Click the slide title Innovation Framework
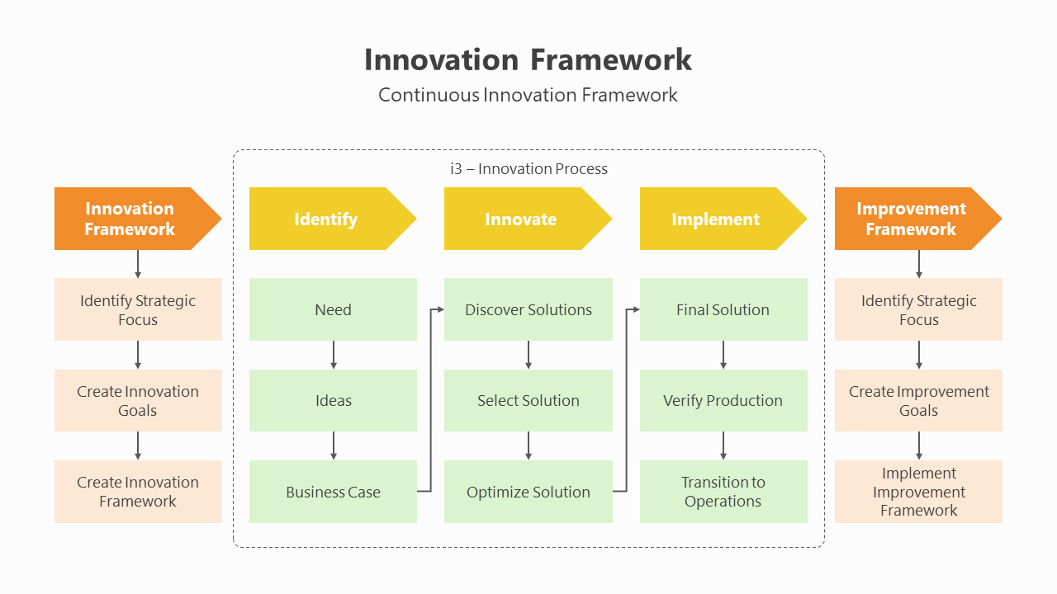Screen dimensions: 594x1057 point(528,60)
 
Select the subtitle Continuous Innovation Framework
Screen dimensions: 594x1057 point(528,95)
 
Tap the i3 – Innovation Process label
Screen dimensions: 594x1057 point(528,169)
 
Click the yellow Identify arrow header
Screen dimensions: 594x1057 point(326,219)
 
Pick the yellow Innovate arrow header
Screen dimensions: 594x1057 point(521,219)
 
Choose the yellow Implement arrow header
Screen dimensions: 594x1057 point(716,219)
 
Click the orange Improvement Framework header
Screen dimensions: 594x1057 point(911,219)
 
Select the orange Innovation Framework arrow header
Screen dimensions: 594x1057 point(130,219)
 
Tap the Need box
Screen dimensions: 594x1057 point(333,310)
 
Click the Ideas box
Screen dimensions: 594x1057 point(333,401)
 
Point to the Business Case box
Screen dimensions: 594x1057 point(333,493)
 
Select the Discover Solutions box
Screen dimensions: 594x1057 point(528,310)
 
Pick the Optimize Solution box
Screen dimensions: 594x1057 point(528,493)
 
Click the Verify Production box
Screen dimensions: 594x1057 point(723,401)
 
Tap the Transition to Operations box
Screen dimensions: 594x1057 point(723,492)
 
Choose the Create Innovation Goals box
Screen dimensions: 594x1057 point(138,401)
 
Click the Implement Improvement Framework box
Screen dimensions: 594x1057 point(918,492)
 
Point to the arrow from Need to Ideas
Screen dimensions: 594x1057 point(334,355)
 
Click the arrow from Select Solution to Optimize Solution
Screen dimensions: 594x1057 point(528,445)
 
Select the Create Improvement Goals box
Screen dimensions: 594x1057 point(918,401)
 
